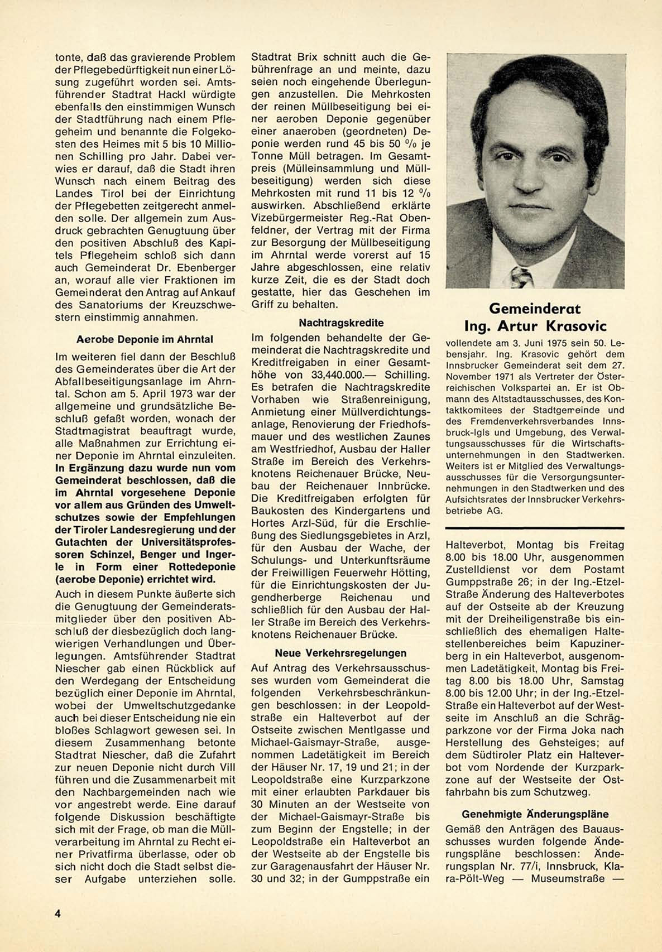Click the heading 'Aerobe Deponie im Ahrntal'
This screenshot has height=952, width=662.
pyautogui.click(x=145, y=339)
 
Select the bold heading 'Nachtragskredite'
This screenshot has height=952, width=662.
pyautogui.click(x=341, y=323)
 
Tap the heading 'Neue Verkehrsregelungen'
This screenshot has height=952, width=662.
pyautogui.click(x=340, y=653)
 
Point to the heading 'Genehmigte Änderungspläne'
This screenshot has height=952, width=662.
pyautogui.click(x=535, y=814)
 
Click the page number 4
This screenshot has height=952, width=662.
pyautogui.click(x=57, y=913)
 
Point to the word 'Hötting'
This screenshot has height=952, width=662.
pyautogui.click(x=412, y=573)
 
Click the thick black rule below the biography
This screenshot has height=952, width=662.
pyautogui.click(x=535, y=528)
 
